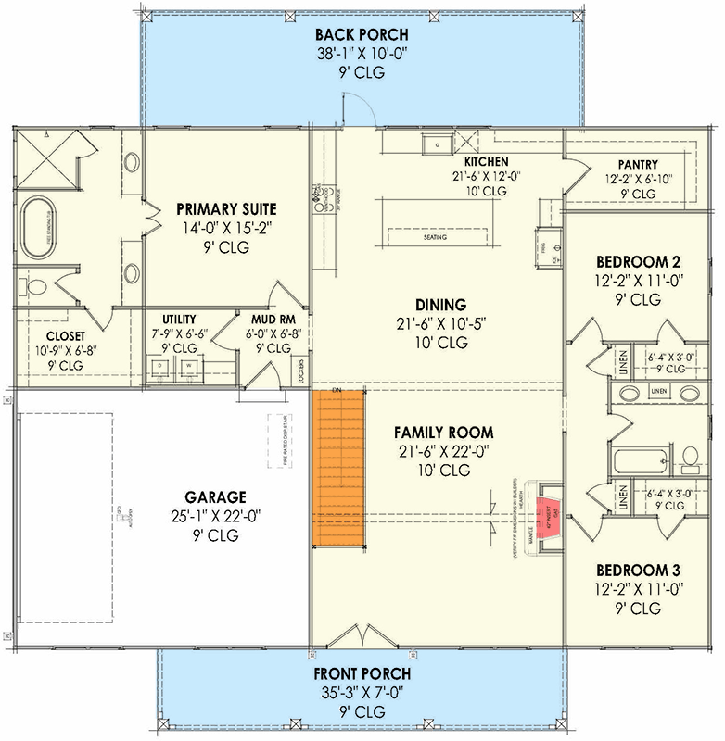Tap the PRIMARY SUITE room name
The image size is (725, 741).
(x=226, y=208)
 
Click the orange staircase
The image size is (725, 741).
(x=335, y=467)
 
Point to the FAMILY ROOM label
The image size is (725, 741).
(x=443, y=433)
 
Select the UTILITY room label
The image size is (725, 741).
(x=179, y=319)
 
